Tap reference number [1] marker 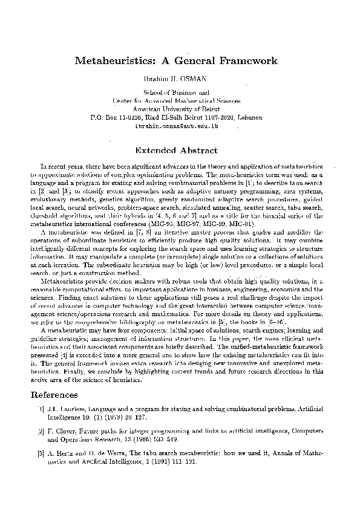point(39,409)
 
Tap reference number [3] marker point(39,453)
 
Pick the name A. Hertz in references point(61,453)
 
